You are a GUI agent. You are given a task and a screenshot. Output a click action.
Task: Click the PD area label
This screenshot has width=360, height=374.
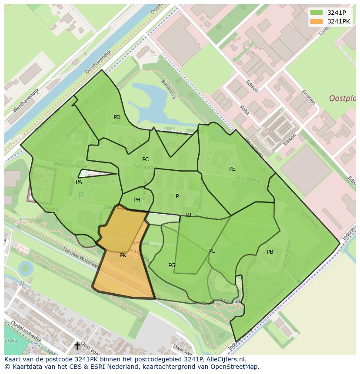pos(117,117)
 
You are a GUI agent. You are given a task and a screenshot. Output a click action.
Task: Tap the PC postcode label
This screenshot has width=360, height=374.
pos(145,159)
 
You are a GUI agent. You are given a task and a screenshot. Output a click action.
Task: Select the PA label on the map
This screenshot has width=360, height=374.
pos(79,182)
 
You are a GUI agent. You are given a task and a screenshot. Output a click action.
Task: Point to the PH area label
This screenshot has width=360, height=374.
pos(137,200)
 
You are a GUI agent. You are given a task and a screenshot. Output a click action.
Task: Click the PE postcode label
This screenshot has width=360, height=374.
pos(232,169)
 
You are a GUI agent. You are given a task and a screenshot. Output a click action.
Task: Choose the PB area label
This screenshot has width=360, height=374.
pos(270,252)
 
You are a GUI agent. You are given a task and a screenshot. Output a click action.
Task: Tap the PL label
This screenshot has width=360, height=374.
pos(212,251)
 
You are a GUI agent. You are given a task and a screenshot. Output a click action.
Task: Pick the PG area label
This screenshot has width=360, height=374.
pos(172,265)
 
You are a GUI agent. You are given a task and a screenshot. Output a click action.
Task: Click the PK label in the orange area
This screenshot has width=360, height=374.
pos(123,255)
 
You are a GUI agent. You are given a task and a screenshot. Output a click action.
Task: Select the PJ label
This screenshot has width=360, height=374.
pos(189,215)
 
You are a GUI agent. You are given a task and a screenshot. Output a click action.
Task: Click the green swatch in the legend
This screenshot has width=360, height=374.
pos(317,13)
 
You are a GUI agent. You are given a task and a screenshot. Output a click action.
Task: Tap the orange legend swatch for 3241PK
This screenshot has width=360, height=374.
pos(317,21)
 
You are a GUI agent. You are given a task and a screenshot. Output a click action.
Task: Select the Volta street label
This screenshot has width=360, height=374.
pos(244,110)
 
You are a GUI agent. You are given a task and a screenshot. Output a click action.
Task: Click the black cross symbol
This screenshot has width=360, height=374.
pos(77,346)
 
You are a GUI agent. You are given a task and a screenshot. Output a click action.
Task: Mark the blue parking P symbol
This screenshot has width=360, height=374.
pos(81,196)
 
